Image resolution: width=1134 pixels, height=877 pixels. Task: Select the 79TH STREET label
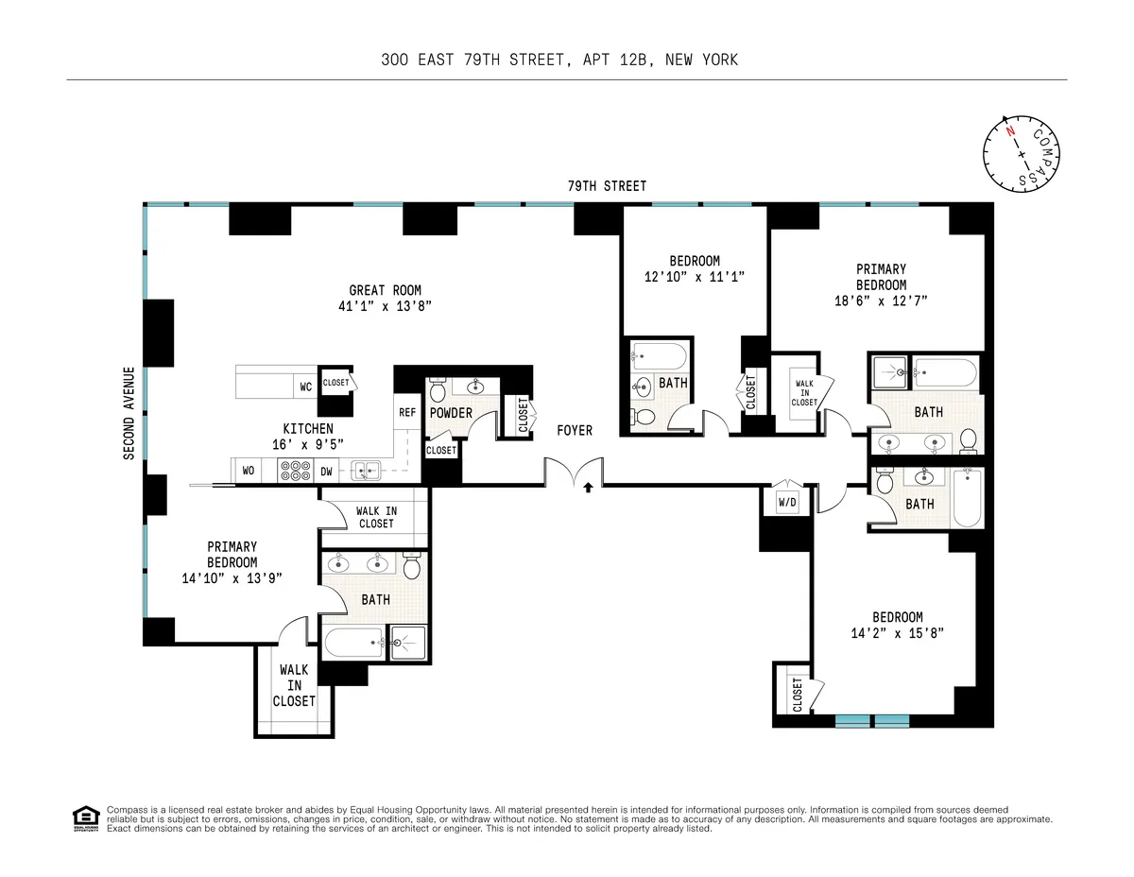click(x=607, y=186)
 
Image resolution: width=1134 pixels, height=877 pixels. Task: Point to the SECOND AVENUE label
click(x=129, y=413)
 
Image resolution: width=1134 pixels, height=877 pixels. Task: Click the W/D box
click(x=787, y=503)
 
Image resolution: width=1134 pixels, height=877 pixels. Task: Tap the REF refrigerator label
click(x=406, y=412)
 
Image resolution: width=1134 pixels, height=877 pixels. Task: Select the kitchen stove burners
click(x=296, y=470)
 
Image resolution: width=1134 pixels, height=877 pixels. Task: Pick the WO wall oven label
click(x=249, y=470)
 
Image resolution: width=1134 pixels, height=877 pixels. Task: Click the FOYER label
click(x=575, y=430)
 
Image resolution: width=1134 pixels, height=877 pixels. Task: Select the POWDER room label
click(x=451, y=413)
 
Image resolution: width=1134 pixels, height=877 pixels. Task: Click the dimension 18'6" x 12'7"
click(x=881, y=301)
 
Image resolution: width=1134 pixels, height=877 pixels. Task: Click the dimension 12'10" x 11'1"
click(x=695, y=277)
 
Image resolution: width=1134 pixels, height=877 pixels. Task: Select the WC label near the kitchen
click(x=305, y=387)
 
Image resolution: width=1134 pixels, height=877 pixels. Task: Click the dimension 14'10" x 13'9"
click(x=232, y=577)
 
